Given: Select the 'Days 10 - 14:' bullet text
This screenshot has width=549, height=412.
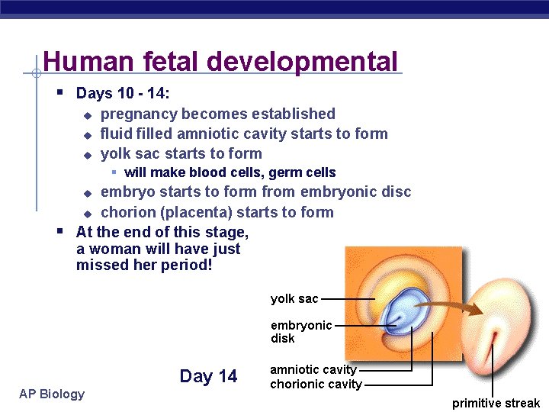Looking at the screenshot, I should pyautogui.click(x=123, y=94).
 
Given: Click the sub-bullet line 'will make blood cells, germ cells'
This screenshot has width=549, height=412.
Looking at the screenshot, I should pyautogui.click(x=230, y=173).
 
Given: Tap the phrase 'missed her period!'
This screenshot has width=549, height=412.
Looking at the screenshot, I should pyautogui.click(x=144, y=266).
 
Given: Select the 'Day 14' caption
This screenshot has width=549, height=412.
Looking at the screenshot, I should pyautogui.click(x=208, y=376).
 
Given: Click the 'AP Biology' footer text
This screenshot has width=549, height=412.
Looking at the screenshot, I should pyautogui.click(x=52, y=394).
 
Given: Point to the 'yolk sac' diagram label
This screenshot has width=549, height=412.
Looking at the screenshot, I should pyautogui.click(x=294, y=299).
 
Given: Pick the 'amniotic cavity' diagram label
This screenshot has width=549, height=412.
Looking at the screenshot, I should pyautogui.click(x=313, y=370).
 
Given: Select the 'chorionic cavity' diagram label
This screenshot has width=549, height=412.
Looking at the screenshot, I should pyautogui.click(x=316, y=385).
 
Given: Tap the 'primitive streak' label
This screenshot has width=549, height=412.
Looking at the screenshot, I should pyautogui.click(x=496, y=403).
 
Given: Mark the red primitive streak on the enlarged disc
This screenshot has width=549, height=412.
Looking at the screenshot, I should pyautogui.click(x=497, y=337).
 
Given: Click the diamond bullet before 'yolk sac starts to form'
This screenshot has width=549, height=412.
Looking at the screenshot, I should pyautogui.click(x=87, y=155).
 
